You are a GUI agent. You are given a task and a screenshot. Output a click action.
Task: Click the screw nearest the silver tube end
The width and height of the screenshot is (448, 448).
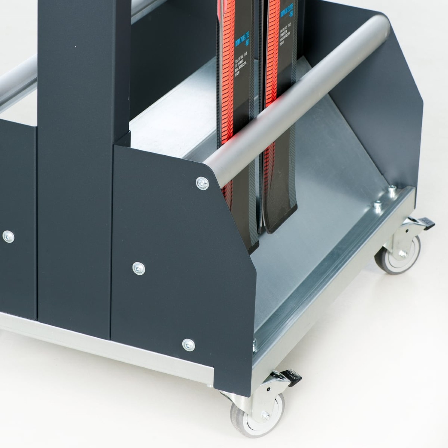click(202, 183)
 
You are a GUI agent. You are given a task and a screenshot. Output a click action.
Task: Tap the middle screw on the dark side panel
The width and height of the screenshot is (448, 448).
click(139, 269)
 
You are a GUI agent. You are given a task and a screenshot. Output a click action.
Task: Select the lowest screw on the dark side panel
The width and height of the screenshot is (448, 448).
click(188, 345)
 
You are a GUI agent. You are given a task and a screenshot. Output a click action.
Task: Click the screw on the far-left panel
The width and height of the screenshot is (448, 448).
click(8, 237)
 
